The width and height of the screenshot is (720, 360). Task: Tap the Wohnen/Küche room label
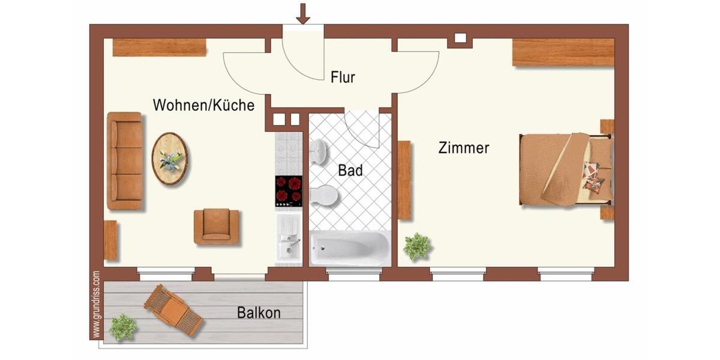(203, 106)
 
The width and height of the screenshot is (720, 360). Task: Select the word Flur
(343, 77)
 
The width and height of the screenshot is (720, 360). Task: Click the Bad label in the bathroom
(350, 170)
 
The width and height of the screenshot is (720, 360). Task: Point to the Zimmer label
(463, 148)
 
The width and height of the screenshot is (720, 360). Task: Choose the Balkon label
(259, 313)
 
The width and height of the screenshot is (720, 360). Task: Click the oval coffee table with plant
(169, 159)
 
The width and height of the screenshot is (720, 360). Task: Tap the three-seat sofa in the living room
(125, 161)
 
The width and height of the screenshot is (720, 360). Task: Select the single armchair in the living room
(216, 226)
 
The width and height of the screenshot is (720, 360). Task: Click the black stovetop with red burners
(289, 191)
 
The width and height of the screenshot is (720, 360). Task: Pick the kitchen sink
(289, 240)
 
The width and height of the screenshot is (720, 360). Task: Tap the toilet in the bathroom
(324, 195)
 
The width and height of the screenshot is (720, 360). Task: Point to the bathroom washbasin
(319, 152)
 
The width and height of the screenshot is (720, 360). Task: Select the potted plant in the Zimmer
(416, 246)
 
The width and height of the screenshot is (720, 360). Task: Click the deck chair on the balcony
(173, 310)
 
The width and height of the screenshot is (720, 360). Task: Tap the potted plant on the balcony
(123, 327)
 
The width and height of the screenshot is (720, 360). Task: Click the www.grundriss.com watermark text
(96, 305)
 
